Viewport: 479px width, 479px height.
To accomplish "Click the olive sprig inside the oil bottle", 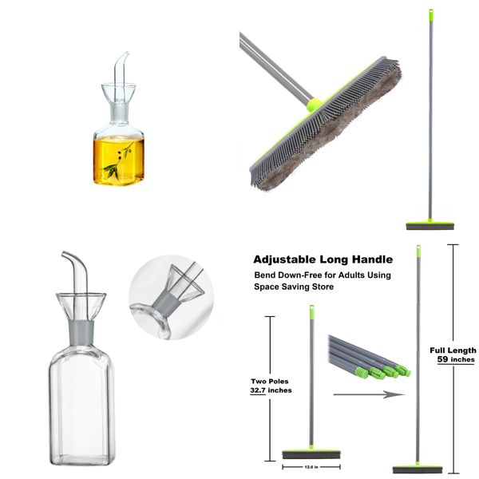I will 119,159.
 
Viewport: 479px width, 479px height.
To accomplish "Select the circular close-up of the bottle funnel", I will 167,295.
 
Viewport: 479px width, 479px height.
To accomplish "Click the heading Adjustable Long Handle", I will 323,259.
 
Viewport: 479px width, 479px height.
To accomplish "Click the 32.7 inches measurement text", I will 271,390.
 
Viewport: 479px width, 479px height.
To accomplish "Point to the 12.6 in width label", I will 311,467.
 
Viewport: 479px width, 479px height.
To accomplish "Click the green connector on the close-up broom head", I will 315,105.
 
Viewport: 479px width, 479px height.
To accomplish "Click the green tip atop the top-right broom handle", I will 430,14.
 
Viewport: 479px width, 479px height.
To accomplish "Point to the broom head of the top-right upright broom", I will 430,226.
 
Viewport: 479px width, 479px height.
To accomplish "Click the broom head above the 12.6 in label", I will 311,453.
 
